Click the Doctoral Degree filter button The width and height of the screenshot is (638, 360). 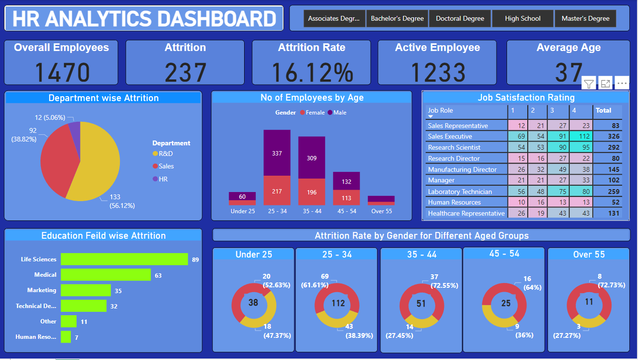click(460, 19)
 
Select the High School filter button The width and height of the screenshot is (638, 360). click(522, 19)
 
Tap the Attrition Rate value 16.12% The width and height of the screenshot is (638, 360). click(312, 73)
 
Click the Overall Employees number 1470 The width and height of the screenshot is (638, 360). click(62, 73)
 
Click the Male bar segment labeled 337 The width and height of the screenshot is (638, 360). click(277, 153)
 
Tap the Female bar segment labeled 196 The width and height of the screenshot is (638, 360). click(312, 192)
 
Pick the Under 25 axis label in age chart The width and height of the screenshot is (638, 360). click(243, 211)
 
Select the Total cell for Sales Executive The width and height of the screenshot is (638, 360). click(607, 137)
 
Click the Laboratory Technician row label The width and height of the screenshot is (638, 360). click(460, 192)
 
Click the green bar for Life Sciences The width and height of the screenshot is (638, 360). click(124, 259)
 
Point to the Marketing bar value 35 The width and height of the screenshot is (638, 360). click(118, 291)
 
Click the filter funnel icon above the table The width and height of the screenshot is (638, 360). click(588, 84)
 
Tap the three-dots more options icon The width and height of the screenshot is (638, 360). click(622, 84)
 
